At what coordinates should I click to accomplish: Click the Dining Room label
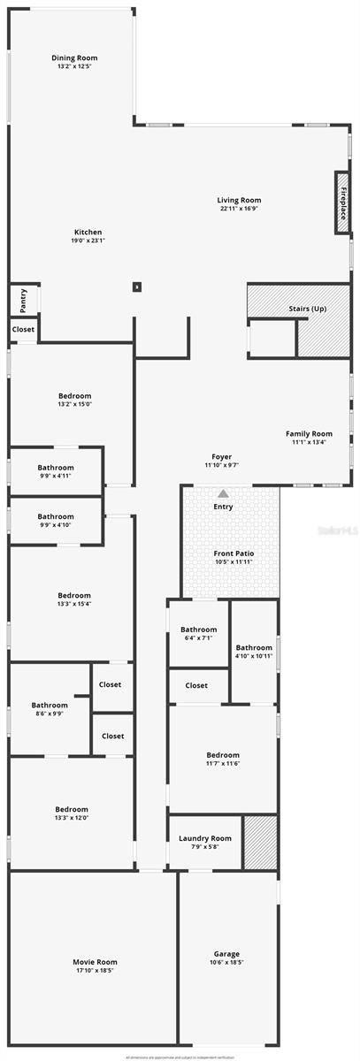click(74, 57)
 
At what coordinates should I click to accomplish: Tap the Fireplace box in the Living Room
click(342, 203)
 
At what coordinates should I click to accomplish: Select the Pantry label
click(24, 300)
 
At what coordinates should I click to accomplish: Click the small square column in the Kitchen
click(136, 286)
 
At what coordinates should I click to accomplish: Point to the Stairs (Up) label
click(307, 309)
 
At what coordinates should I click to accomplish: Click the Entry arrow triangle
click(224, 494)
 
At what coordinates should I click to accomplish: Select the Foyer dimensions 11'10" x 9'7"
click(222, 465)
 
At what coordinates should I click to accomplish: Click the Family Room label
click(309, 433)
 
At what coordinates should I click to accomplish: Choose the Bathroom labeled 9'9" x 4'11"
click(56, 471)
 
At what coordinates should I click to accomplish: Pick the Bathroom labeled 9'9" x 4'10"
click(56, 520)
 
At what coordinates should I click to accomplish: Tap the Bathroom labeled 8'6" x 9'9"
click(50, 709)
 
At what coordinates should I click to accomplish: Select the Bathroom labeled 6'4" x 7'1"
click(198, 634)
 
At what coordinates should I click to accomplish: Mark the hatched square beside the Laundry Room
click(260, 843)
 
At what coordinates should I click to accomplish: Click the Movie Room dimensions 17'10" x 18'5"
click(95, 970)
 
